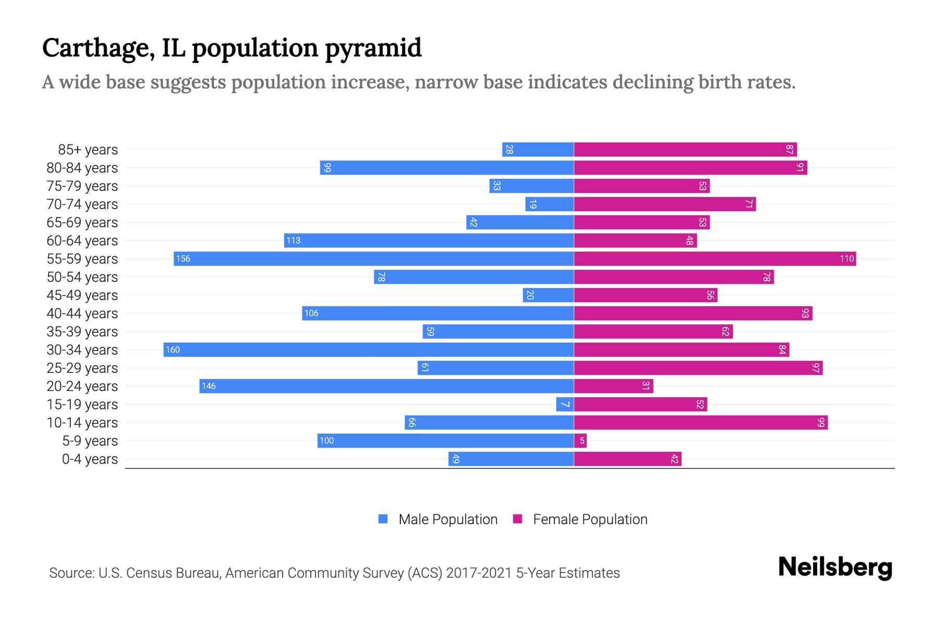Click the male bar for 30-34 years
(369, 349)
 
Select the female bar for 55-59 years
(715, 258)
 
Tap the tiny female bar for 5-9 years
(580, 440)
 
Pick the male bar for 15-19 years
(565, 404)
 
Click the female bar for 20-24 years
(613, 386)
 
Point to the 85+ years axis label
(87, 150)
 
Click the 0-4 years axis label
(90, 459)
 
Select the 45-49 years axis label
(82, 295)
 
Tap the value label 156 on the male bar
(183, 258)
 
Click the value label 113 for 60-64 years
(293, 240)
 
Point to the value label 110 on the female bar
(846, 258)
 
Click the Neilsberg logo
(835, 567)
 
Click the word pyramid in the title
(373, 48)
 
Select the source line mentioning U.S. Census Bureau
(334, 573)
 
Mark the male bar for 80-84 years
(447, 167)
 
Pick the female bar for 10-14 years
(701, 422)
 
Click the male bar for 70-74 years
(549, 204)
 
